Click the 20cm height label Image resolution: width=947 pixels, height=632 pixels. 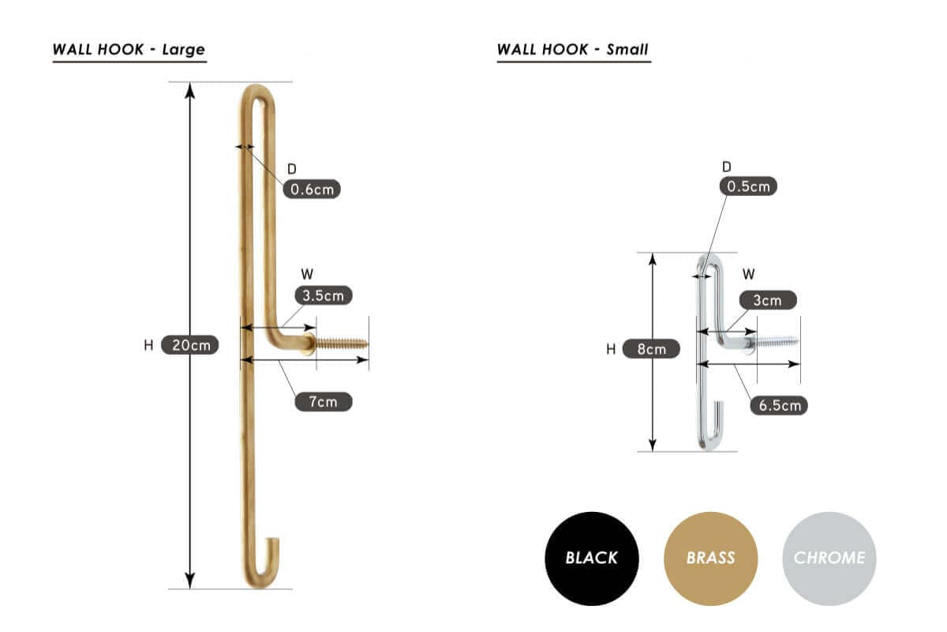click(x=190, y=345)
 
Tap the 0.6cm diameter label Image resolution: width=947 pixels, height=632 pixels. click(x=312, y=190)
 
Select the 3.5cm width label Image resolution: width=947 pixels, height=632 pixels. click(x=324, y=295)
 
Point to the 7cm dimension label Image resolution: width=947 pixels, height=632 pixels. click(x=324, y=402)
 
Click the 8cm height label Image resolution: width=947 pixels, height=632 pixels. click(x=652, y=349)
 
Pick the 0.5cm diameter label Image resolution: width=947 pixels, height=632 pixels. click(x=748, y=186)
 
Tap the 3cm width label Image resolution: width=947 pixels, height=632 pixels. click(x=768, y=300)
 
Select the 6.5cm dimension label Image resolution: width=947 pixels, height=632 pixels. click(x=779, y=405)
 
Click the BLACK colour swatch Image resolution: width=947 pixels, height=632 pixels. click(x=592, y=559)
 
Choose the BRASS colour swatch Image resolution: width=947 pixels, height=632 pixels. click(x=711, y=559)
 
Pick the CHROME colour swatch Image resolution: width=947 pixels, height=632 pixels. click(x=829, y=559)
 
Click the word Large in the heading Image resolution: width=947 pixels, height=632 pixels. click(x=184, y=50)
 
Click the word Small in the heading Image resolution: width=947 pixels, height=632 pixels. click(x=627, y=50)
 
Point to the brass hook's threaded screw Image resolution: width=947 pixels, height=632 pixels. click(x=342, y=344)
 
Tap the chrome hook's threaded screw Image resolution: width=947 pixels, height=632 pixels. click(x=777, y=341)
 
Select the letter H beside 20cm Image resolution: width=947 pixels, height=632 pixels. click(x=148, y=345)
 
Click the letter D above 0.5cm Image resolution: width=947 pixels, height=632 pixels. click(x=727, y=167)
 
